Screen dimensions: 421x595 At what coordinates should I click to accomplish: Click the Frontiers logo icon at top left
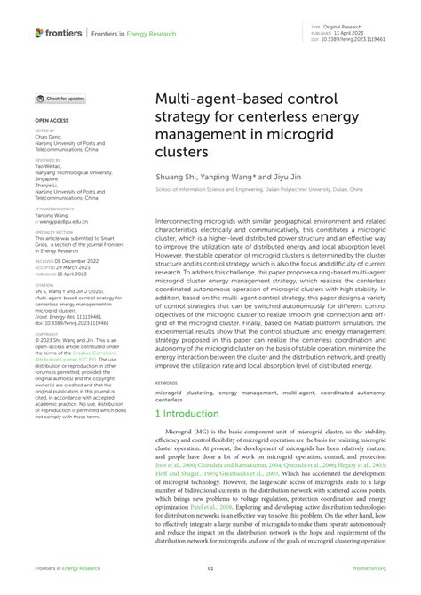39,32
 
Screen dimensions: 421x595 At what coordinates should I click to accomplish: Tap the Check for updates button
60,99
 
